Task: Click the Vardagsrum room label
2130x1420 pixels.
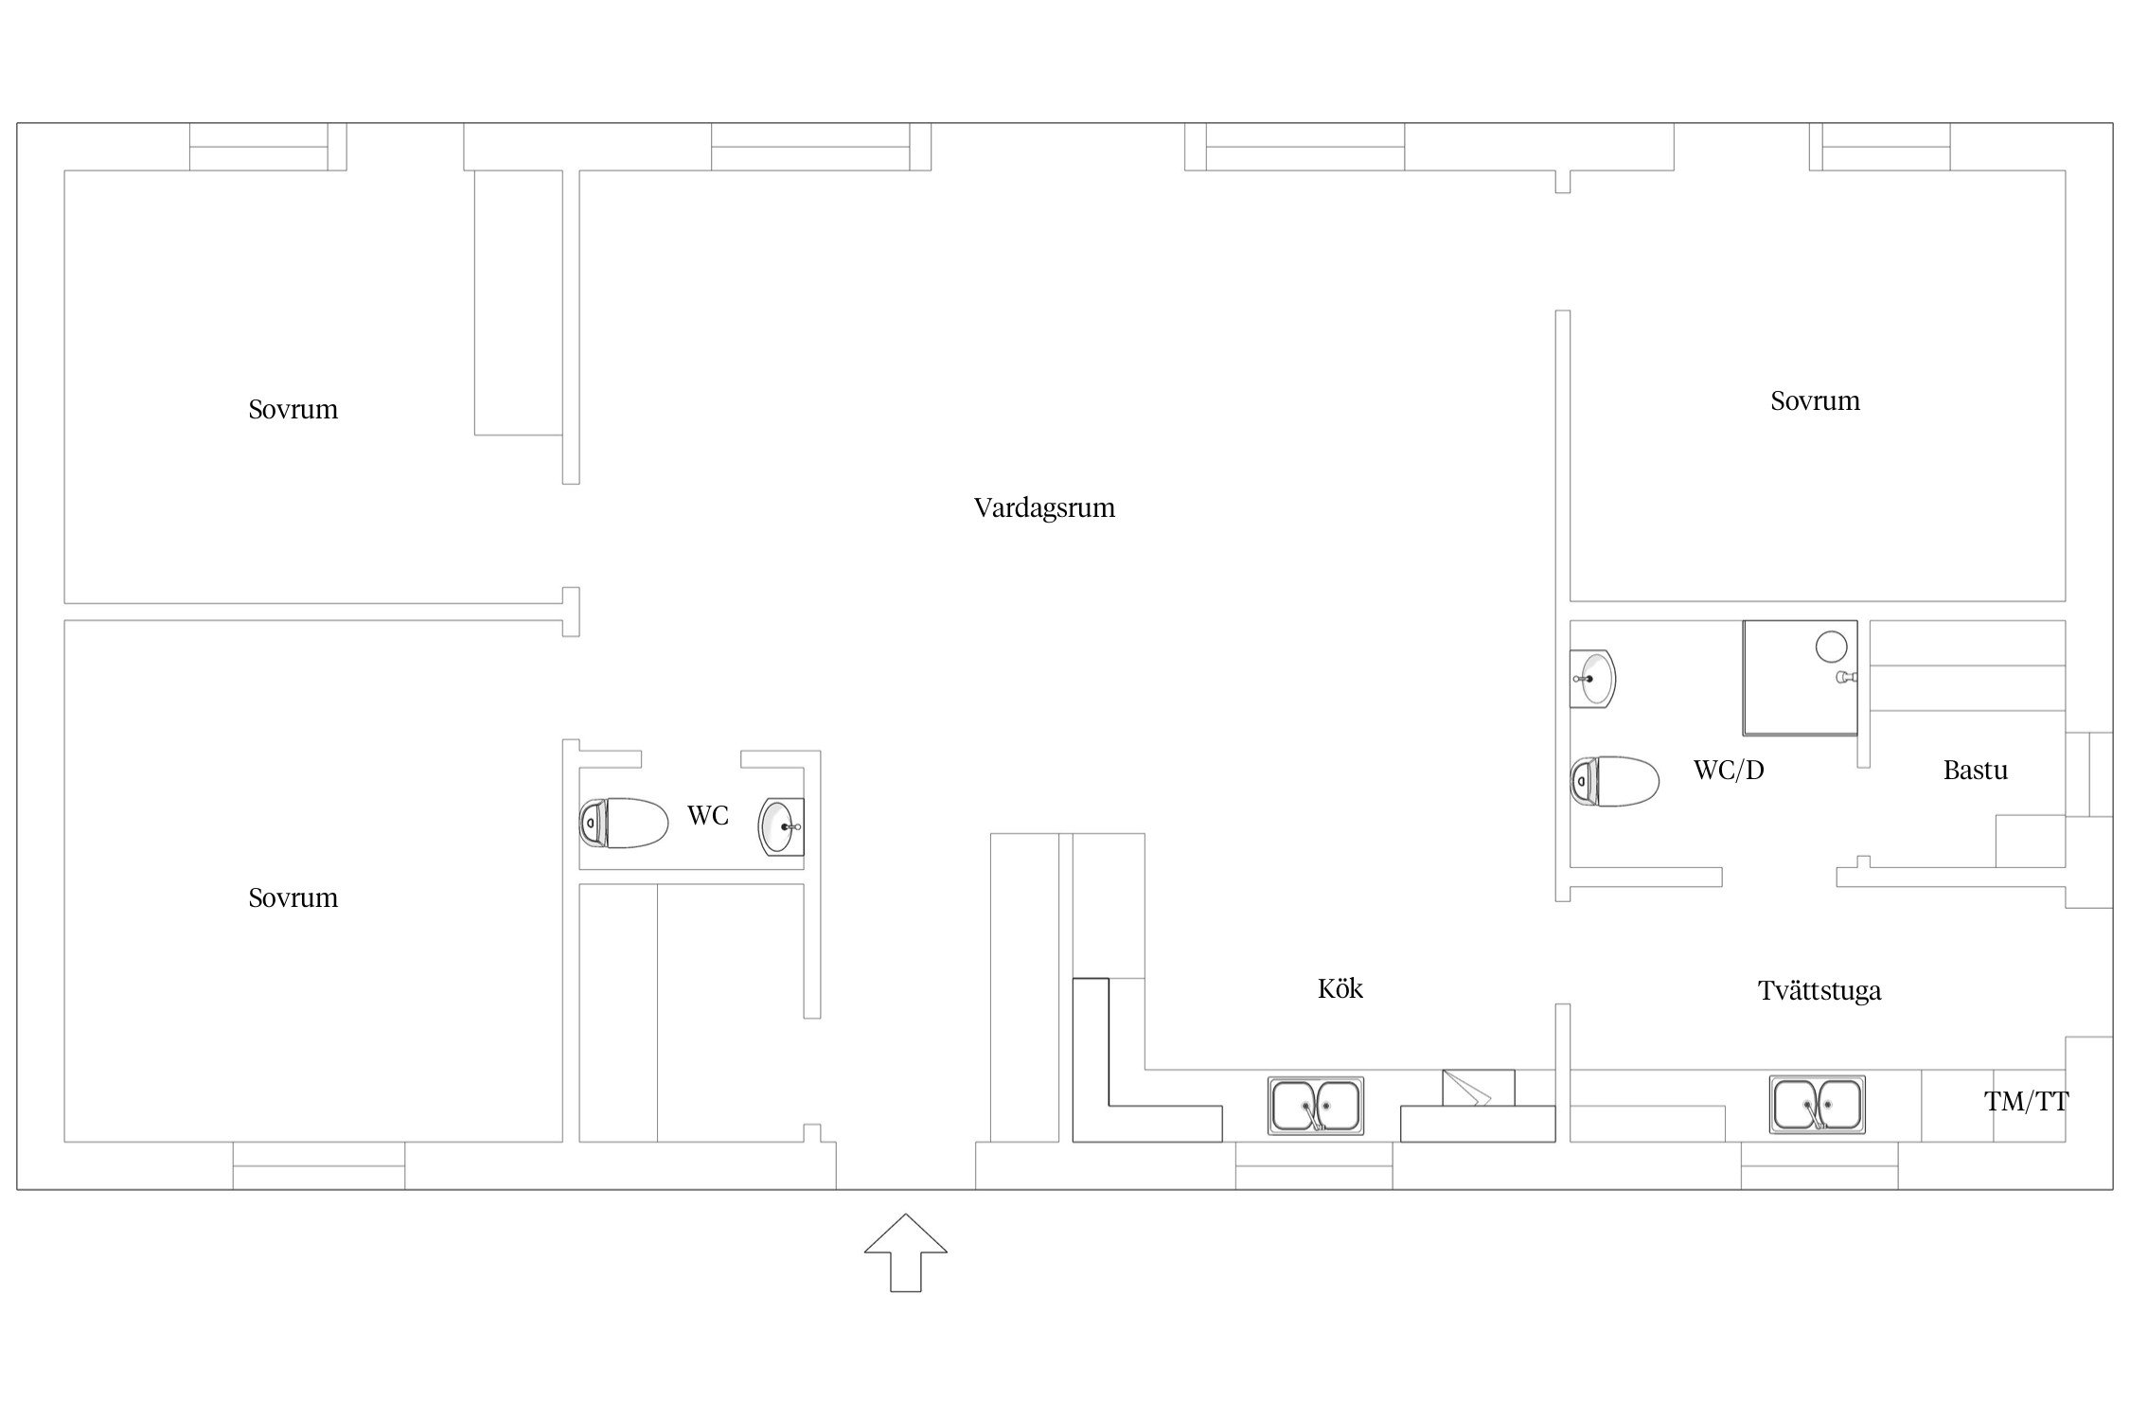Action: [1044, 508]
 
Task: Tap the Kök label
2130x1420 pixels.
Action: [1340, 989]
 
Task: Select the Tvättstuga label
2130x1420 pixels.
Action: [1819, 991]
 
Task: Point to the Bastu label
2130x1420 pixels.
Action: [1975, 770]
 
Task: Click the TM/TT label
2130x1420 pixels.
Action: [2026, 1101]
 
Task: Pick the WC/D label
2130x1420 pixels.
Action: [1729, 770]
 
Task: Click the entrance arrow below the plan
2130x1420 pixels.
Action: [905, 1251]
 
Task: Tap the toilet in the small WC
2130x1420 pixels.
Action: [624, 823]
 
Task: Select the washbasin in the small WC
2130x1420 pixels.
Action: [782, 826]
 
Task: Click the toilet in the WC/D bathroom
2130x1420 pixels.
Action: [1615, 781]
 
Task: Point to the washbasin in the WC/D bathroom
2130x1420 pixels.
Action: [1593, 679]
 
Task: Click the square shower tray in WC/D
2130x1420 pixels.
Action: [1800, 678]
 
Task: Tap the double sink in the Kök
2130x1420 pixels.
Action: [1316, 1106]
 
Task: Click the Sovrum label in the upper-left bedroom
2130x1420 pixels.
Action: [293, 410]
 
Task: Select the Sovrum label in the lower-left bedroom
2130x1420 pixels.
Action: [293, 898]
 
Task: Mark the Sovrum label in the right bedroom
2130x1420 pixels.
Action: [1815, 401]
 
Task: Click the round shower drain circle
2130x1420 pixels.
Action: [1832, 646]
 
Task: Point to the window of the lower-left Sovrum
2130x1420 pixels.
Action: [319, 1165]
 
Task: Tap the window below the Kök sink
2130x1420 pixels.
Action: [1314, 1165]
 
